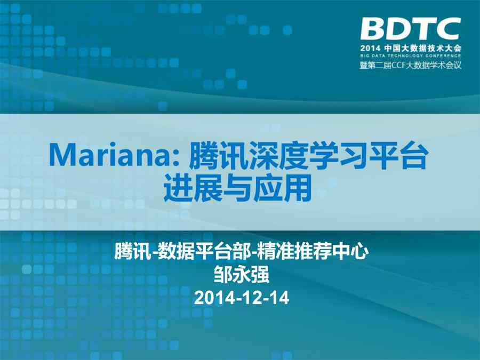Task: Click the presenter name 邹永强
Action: pos(242,274)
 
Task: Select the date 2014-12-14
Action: pos(242,298)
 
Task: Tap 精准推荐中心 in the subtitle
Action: pos(311,252)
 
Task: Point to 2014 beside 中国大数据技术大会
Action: pos(370,48)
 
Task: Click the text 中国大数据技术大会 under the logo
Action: pos(423,48)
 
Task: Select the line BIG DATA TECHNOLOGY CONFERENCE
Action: pos(411,55)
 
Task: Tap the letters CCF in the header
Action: pos(396,65)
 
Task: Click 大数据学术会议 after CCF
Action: pos(433,65)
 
